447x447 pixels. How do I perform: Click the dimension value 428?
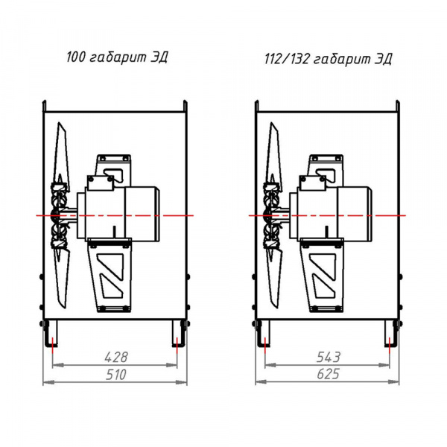coord(116,357)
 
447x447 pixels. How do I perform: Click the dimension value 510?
coord(116,375)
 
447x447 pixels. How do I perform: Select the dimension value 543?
coord(329,357)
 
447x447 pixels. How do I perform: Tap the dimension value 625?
coord(329,374)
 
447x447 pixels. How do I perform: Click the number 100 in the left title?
coord(76,57)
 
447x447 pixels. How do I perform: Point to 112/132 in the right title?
coord(287,59)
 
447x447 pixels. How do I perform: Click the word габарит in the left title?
coord(118,58)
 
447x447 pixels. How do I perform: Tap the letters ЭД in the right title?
coord(383,60)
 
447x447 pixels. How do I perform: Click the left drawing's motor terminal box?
coord(100,183)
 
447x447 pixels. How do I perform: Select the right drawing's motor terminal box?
coord(313,183)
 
